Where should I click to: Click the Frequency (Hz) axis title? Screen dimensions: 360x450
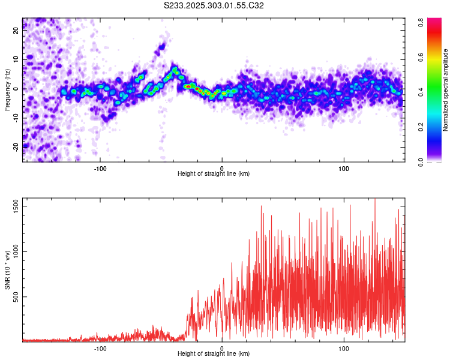pos(8,89)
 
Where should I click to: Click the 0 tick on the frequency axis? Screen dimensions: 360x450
pos(17,89)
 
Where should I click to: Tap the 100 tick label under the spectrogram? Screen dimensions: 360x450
pos(344,168)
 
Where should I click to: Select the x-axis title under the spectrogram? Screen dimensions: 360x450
pos(214,174)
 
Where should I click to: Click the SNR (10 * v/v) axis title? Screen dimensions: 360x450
pos(8,269)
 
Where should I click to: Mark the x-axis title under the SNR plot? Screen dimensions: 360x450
pos(214,354)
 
